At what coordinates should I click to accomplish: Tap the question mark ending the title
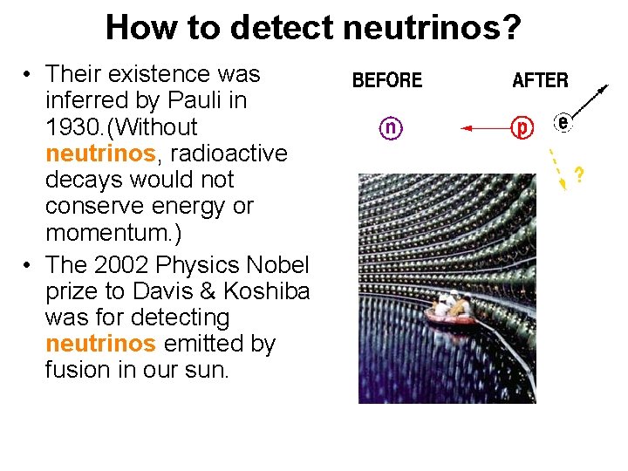[x=512, y=28]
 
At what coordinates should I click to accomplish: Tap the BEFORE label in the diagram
[x=386, y=81]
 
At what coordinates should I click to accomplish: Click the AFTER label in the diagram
[x=540, y=81]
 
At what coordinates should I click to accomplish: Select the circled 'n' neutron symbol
[x=391, y=128]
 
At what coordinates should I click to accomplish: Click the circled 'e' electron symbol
[x=563, y=124]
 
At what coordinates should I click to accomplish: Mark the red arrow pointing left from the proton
[x=485, y=128]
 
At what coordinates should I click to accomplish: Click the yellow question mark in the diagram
[x=577, y=175]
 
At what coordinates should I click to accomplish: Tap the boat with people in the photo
[x=451, y=312]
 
